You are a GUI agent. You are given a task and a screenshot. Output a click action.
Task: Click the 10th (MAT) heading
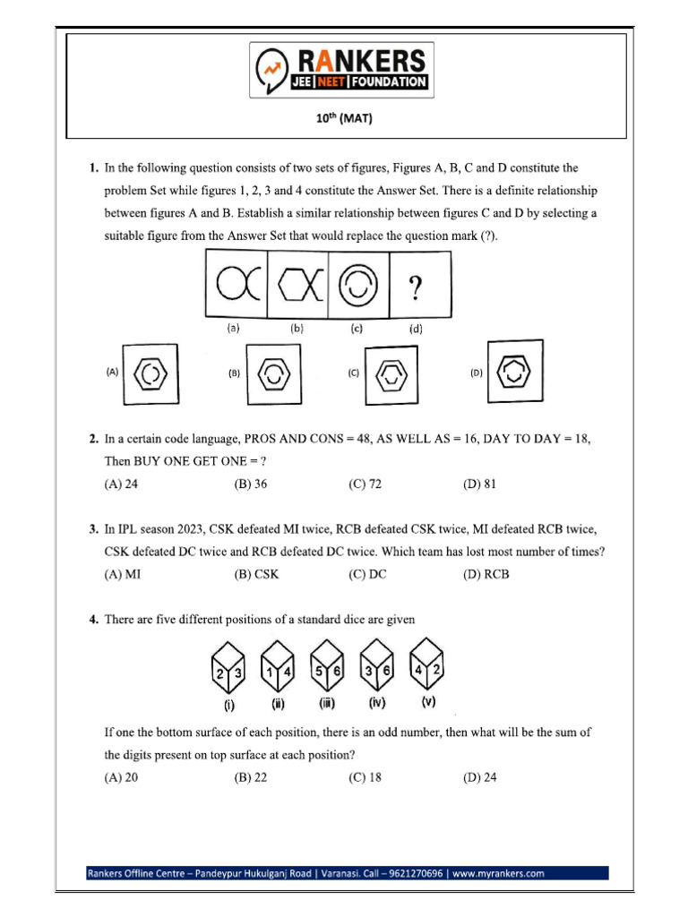click(343, 117)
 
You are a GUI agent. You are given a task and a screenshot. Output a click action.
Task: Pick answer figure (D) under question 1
click(514, 370)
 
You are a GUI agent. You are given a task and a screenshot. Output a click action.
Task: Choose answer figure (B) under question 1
click(273, 374)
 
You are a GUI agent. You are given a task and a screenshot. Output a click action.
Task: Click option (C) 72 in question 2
click(365, 484)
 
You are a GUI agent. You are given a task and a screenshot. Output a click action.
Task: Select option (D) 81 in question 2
click(479, 484)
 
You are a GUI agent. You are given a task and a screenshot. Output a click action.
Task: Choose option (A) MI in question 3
click(123, 574)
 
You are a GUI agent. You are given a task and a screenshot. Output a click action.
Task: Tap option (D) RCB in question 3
click(486, 574)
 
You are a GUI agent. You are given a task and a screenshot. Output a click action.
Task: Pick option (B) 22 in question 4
click(251, 777)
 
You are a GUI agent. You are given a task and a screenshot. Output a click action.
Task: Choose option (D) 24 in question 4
click(479, 777)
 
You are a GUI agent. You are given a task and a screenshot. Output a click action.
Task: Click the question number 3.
click(93, 529)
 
